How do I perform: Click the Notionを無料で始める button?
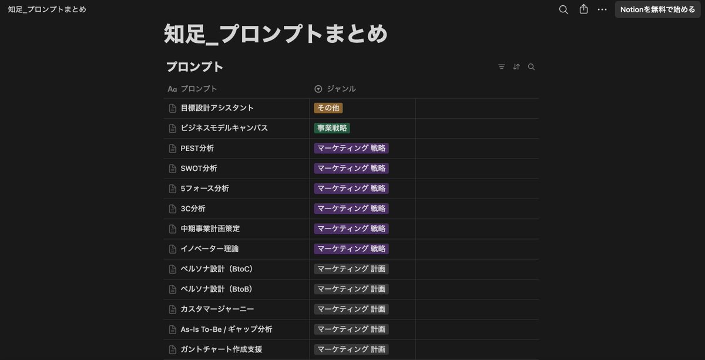[x=657, y=9]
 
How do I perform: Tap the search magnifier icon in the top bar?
[x=563, y=9]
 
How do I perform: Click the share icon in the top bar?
[x=583, y=9]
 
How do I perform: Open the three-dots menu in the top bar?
[x=602, y=9]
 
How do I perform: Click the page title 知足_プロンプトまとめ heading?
[x=276, y=34]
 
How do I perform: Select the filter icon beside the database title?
[x=501, y=67]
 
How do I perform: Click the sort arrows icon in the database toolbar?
[x=516, y=67]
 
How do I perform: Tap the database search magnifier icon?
[x=531, y=67]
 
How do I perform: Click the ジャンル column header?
[x=341, y=89]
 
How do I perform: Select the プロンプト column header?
[x=199, y=89]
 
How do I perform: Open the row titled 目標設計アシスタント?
[x=217, y=108]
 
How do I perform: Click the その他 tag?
[x=328, y=108]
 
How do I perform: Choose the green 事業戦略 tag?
[x=332, y=128]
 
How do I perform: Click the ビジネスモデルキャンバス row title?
[x=224, y=128]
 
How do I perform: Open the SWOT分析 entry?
[x=199, y=169]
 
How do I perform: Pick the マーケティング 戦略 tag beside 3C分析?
[x=351, y=208]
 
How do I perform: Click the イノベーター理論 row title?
[x=209, y=249]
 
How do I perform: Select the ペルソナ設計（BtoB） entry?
[x=216, y=289]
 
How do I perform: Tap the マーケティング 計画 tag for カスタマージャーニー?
[x=351, y=309]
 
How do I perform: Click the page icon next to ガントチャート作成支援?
[x=173, y=349]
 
